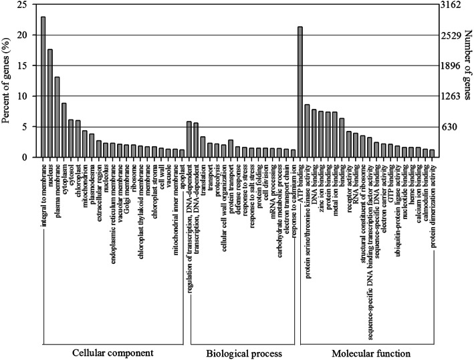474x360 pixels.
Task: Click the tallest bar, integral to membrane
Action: tap(43, 87)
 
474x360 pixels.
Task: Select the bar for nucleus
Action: tap(50, 104)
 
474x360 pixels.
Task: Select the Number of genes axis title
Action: tap(469, 80)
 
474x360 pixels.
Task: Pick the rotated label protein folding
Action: tap(257, 185)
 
